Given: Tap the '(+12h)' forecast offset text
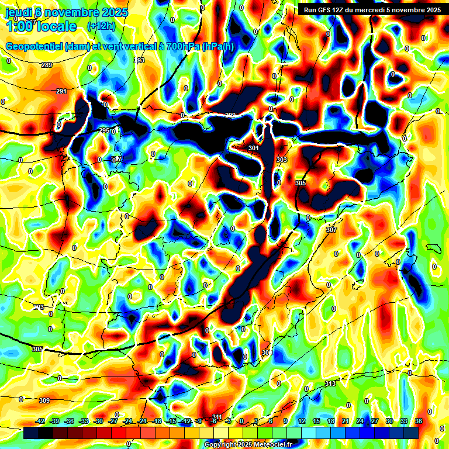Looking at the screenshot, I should click(101, 26).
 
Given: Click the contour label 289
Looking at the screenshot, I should click(47, 65).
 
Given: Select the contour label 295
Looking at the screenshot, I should click(104, 130).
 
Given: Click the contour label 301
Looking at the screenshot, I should click(253, 148).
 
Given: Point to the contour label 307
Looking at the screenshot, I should click(331, 230).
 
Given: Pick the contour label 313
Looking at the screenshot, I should click(330, 384).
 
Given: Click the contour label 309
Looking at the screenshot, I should click(44, 400).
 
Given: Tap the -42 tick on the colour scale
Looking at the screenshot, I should click(40, 421).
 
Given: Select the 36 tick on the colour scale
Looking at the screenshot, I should click(419, 421).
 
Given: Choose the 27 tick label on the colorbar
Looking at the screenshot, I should click(375, 421).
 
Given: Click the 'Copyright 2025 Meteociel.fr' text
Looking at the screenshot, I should click(248, 445).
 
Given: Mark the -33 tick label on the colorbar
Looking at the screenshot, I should click(84, 421).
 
